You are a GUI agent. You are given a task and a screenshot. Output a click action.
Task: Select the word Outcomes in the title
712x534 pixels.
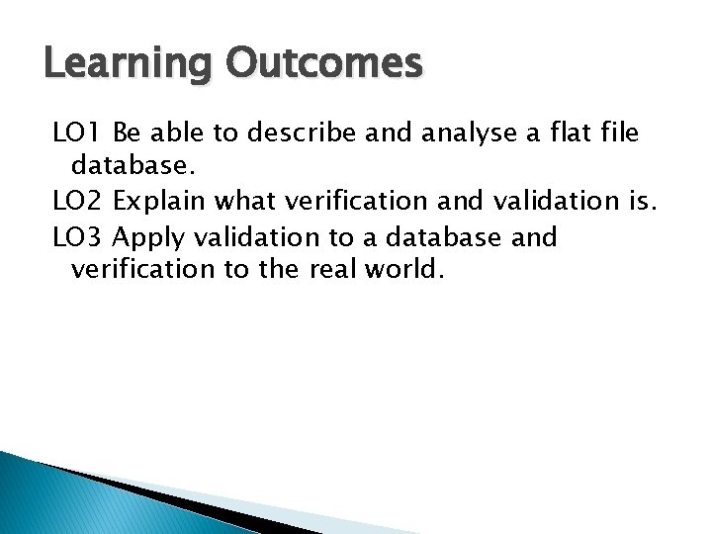(323, 63)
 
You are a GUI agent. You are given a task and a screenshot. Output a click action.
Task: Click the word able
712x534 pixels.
(173, 132)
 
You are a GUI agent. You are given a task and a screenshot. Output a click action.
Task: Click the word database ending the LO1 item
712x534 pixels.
(128, 166)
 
